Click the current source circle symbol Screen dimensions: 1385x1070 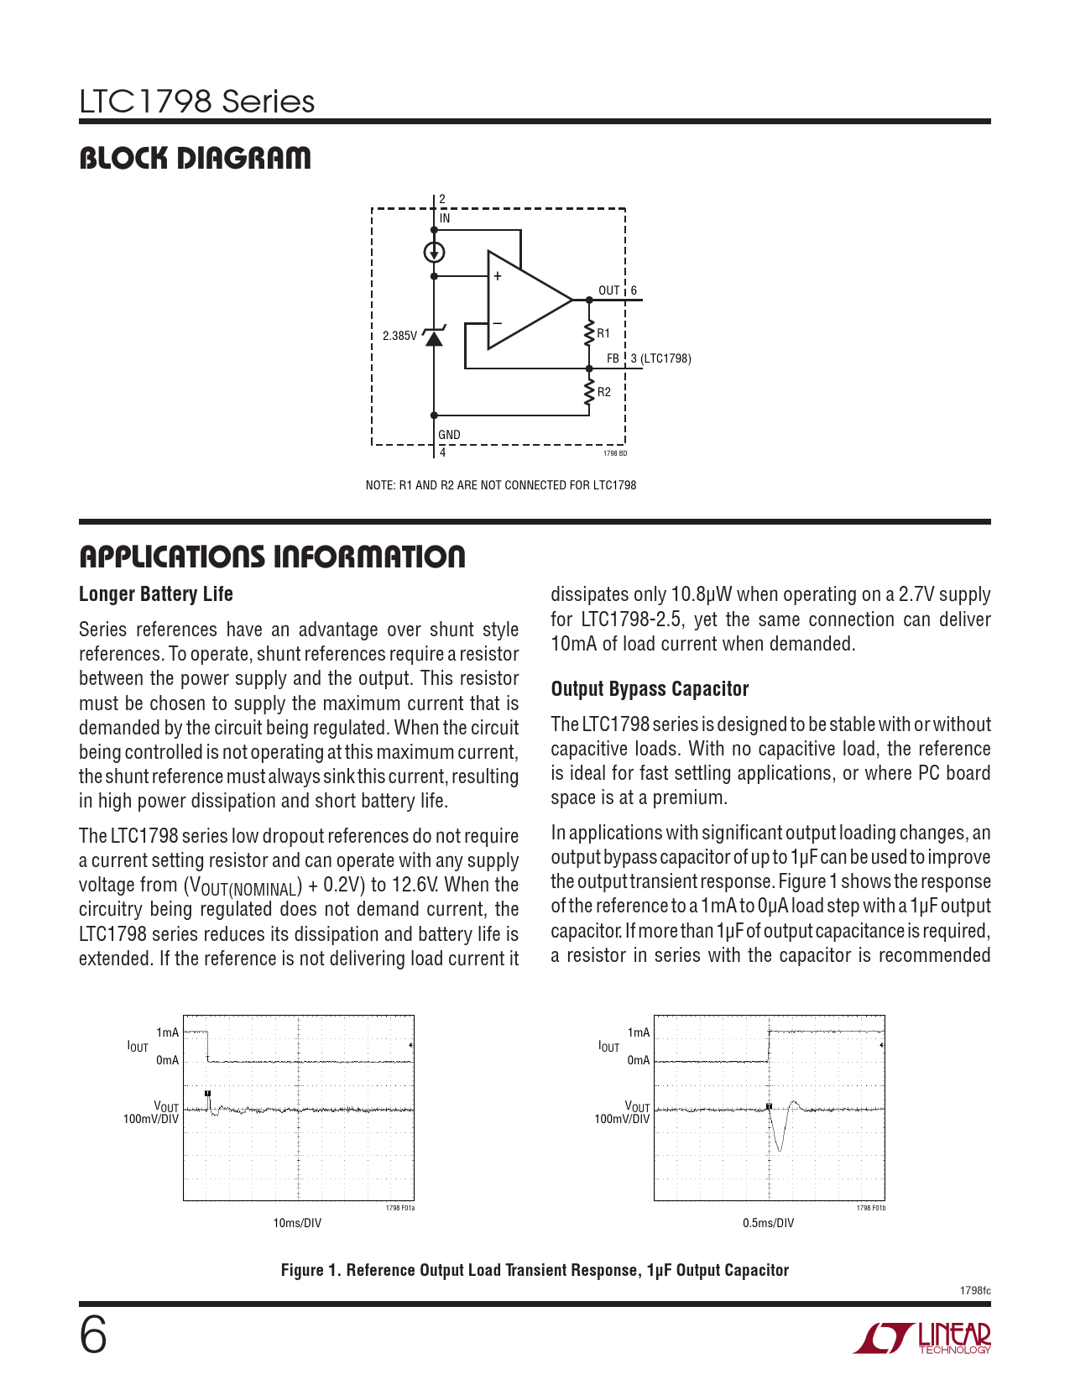pyautogui.click(x=434, y=252)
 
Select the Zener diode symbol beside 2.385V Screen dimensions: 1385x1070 pyautogui.click(x=434, y=337)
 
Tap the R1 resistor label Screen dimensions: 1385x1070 pyautogui.click(x=603, y=333)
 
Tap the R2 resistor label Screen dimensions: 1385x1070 pyautogui.click(x=604, y=392)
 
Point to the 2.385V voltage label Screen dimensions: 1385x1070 pyautogui.click(x=399, y=336)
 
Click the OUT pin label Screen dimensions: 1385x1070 pyautogui.click(x=608, y=290)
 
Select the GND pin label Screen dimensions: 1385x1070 pyautogui.click(x=449, y=435)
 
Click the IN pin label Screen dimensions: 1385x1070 pyautogui.click(x=445, y=218)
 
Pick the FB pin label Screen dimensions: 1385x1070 pyautogui.click(x=613, y=358)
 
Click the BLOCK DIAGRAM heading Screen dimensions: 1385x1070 pyautogui.click(x=195, y=158)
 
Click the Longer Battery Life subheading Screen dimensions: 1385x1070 pyautogui.click(x=156, y=594)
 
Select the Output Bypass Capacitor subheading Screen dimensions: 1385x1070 pyautogui.click(x=650, y=689)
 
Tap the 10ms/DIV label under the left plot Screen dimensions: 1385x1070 pyautogui.click(x=297, y=1223)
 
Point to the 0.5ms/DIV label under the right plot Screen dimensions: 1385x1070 pyautogui.click(x=768, y=1223)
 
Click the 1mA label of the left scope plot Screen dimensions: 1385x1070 pyautogui.click(x=168, y=1032)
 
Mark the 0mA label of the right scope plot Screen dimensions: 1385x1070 pyautogui.click(x=639, y=1060)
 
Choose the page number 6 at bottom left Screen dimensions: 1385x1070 pyautogui.click(x=93, y=1335)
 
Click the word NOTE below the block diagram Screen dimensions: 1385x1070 pyautogui.click(x=378, y=485)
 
